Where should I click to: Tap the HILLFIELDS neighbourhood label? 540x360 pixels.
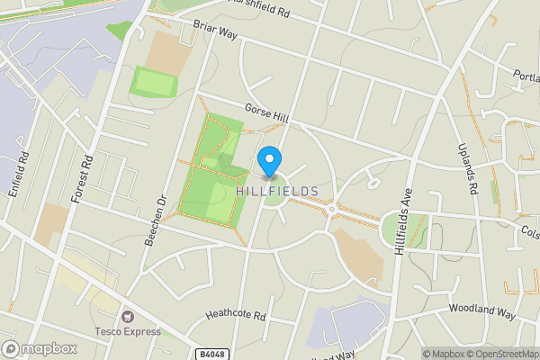point(276,192)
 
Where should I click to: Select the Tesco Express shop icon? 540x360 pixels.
point(127,316)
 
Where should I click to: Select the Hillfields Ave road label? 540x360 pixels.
point(404,221)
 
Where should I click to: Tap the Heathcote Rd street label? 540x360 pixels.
point(236,316)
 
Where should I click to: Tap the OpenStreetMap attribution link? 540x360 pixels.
point(500,354)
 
